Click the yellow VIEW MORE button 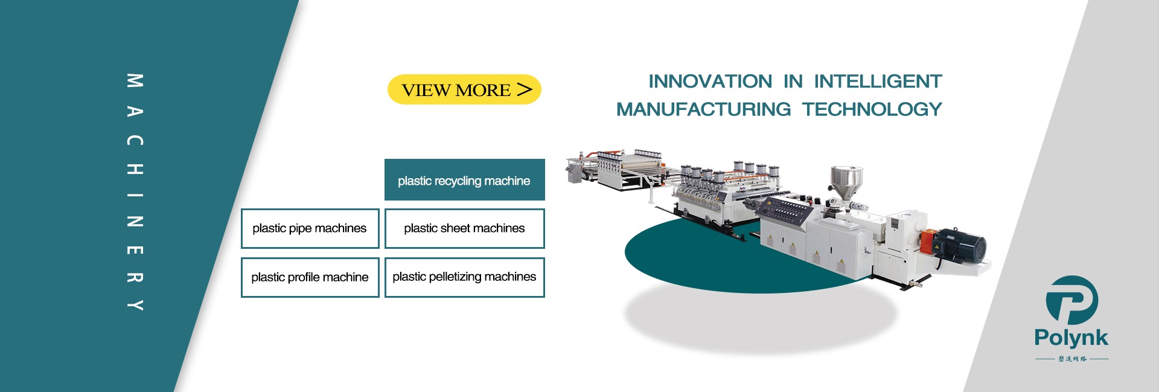click(x=464, y=89)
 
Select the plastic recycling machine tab click(x=464, y=180)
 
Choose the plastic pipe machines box click(x=310, y=228)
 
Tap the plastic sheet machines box click(x=464, y=228)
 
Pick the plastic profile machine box click(x=310, y=277)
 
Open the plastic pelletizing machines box click(x=464, y=277)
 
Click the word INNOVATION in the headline click(x=710, y=81)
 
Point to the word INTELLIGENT click(x=878, y=81)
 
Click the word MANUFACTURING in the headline click(x=703, y=109)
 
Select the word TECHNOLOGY click(x=872, y=109)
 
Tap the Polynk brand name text click(x=1071, y=338)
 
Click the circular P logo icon click(x=1071, y=300)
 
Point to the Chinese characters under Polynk click(x=1072, y=359)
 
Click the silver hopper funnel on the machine click(x=846, y=179)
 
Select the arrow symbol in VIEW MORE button click(x=525, y=89)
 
